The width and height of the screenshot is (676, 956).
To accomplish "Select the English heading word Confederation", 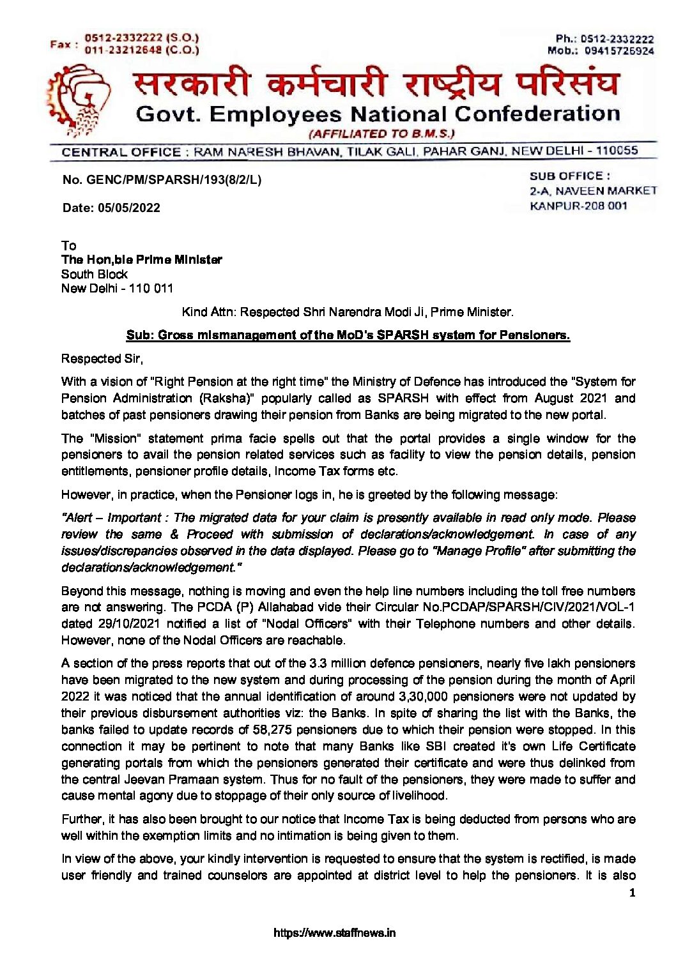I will (x=537, y=114).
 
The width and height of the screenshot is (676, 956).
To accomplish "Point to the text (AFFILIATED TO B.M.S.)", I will (x=381, y=134).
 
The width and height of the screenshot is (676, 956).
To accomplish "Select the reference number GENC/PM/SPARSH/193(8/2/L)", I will (x=174, y=180).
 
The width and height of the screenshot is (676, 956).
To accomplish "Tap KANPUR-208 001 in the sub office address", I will (x=578, y=206).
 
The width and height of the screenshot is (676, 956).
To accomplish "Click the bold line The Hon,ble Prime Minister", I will (x=142, y=260).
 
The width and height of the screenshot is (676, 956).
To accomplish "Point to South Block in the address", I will (x=95, y=275).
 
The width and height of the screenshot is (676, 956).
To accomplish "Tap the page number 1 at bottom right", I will (x=632, y=893).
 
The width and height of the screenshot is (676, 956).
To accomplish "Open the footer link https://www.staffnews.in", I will (x=334, y=933).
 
